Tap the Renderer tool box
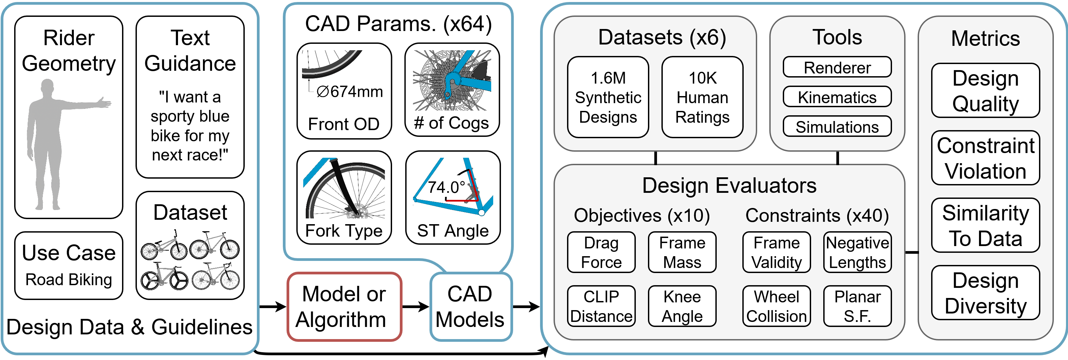pos(837,67)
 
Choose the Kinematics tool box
pos(837,97)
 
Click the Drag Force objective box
pos(601,252)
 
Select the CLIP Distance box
pos(601,306)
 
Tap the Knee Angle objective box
pos(682,306)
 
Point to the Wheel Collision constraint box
pos(776,306)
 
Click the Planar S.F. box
pos(857,306)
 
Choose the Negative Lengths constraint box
pos(857,252)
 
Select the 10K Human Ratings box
pos(702,97)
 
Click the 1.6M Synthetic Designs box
pos(608,97)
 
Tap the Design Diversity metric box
pos(985,293)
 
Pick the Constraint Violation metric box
pos(985,158)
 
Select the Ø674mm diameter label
pos(350,92)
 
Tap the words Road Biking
pos(68,279)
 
